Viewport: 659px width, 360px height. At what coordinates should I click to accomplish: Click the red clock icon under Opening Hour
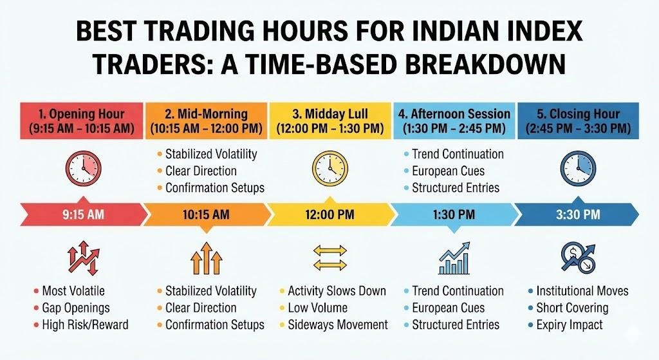82,169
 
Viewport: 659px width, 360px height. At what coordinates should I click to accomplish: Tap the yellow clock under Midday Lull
329,169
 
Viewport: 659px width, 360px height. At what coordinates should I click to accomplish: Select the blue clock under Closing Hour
577,169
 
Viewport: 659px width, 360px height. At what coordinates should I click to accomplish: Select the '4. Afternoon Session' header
454,121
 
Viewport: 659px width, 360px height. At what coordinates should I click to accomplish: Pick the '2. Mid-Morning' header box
206,121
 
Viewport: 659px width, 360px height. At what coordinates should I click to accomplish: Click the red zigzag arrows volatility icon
82,258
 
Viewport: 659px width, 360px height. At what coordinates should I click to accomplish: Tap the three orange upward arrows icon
206,258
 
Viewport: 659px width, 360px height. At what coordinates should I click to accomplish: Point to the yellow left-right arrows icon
329,258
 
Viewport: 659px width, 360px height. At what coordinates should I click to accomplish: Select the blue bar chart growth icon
454,258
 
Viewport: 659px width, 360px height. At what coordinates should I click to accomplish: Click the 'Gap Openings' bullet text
75,308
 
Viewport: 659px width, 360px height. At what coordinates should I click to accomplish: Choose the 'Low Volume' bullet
317,308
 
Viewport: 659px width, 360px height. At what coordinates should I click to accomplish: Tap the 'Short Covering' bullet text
571,308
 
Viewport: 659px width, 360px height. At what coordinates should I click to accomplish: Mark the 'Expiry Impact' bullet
569,325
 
